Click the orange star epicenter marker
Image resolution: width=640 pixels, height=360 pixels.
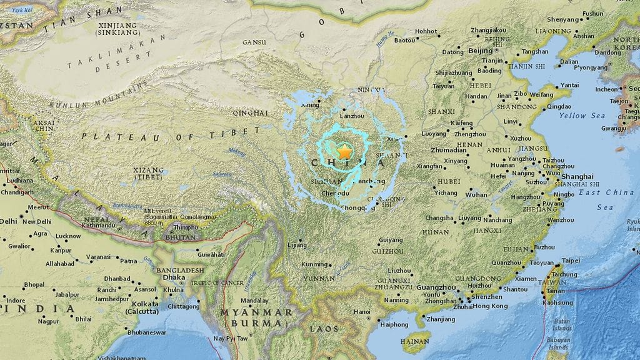coord(344,151)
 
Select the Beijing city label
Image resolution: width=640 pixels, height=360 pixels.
coord(480,51)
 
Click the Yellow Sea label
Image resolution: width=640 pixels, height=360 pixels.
coord(582,116)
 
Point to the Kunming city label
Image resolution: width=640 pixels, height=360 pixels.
coord(314,264)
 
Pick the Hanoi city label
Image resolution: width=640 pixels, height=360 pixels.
coord(362,312)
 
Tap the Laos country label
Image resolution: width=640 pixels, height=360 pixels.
coord(324,329)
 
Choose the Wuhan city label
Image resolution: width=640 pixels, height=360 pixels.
coord(476,194)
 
